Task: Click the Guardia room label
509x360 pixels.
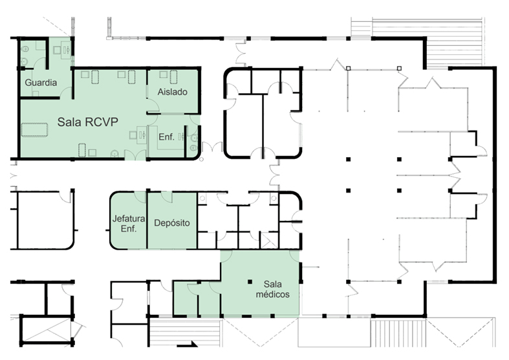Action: click(x=41, y=83)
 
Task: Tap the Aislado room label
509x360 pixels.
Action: click(x=172, y=92)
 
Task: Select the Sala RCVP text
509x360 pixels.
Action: click(x=87, y=122)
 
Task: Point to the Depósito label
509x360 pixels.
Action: click(x=172, y=223)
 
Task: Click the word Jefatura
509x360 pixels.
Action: click(x=128, y=218)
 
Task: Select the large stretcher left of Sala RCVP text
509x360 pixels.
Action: click(x=35, y=129)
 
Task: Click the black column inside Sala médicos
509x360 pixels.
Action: click(x=250, y=281)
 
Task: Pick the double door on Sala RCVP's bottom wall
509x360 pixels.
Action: click(x=135, y=154)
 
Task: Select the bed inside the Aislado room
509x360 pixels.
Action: click(x=173, y=76)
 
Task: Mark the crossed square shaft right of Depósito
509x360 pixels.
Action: click(x=270, y=240)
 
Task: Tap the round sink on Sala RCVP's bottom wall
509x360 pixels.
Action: click(x=114, y=153)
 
